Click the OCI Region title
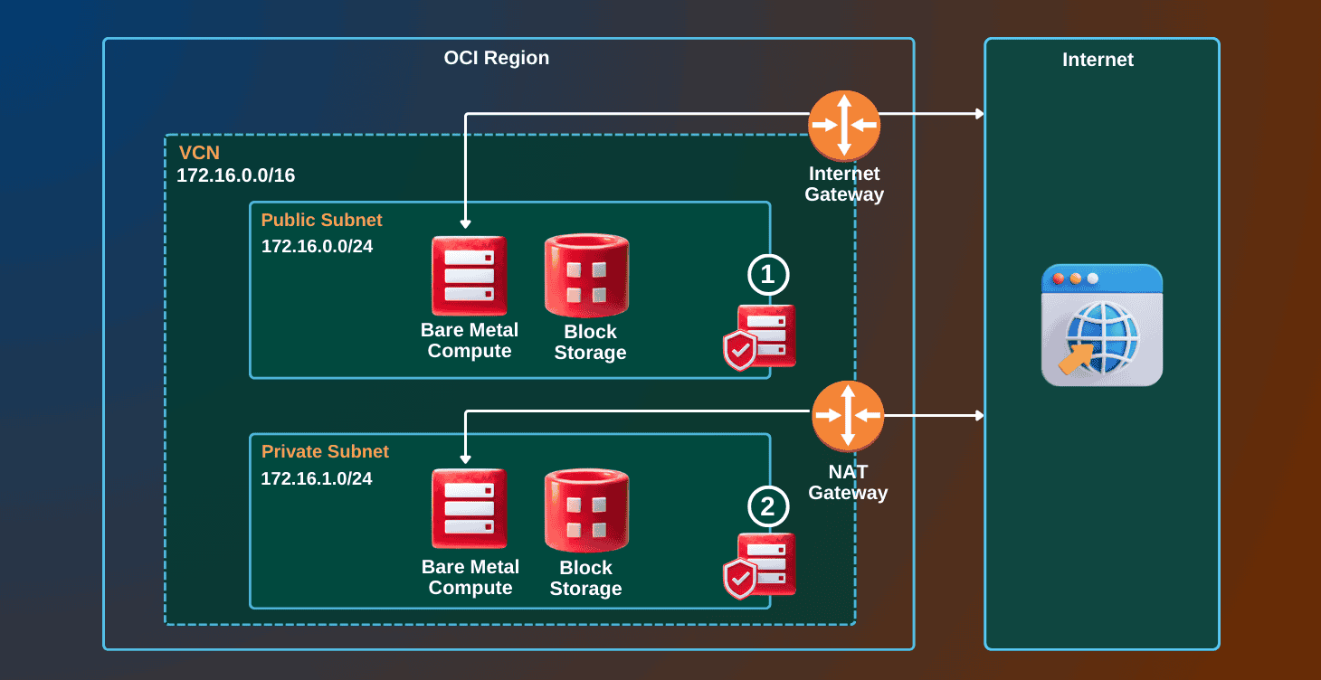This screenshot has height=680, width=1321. point(496,58)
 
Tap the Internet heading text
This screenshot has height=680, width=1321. point(1098,60)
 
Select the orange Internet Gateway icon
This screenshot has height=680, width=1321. point(844,124)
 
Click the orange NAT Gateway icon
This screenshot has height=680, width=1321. point(847,415)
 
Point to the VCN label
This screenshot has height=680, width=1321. point(199,152)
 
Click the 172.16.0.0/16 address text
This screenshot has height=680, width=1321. point(235,175)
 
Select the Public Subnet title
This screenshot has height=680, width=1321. point(321,220)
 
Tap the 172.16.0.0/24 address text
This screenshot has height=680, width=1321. point(317,246)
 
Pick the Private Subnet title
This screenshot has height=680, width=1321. point(325,451)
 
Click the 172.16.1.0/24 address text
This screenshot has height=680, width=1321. point(317,478)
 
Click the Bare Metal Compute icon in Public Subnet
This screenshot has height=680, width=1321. point(469,276)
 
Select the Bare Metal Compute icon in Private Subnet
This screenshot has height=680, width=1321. point(469,508)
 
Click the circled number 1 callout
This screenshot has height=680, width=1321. point(768,275)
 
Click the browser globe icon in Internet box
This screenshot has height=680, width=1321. point(1101,326)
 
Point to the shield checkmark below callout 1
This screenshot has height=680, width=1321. point(740,350)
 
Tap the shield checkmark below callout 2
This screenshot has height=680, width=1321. point(740,579)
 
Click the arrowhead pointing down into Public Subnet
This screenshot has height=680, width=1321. point(465,222)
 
